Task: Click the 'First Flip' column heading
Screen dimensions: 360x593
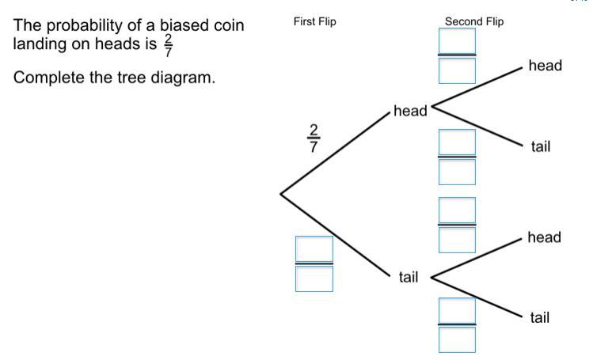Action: point(314,21)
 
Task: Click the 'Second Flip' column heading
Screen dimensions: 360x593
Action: point(474,21)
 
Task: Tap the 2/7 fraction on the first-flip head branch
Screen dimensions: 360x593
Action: point(314,138)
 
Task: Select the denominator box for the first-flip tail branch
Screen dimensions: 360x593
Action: point(314,278)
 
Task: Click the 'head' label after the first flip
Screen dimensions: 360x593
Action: point(410,112)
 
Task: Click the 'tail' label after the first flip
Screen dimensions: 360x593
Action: point(408,277)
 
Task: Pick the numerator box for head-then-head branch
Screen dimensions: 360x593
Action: point(458,40)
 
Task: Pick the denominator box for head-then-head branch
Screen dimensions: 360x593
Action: point(458,70)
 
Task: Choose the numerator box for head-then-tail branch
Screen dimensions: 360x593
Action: point(458,142)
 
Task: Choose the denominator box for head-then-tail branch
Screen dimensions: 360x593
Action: point(458,172)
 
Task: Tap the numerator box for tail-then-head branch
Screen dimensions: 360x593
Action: point(458,210)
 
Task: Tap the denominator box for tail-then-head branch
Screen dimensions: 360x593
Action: point(458,240)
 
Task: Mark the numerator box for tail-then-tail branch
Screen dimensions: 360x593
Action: point(458,310)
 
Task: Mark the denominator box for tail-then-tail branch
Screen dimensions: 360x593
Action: point(458,339)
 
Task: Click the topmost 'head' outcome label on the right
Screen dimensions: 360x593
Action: point(545,66)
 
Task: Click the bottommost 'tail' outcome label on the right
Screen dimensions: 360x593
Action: point(540,317)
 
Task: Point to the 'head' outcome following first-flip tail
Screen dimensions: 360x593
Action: point(545,237)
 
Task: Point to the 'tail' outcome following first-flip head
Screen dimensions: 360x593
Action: point(541,146)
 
